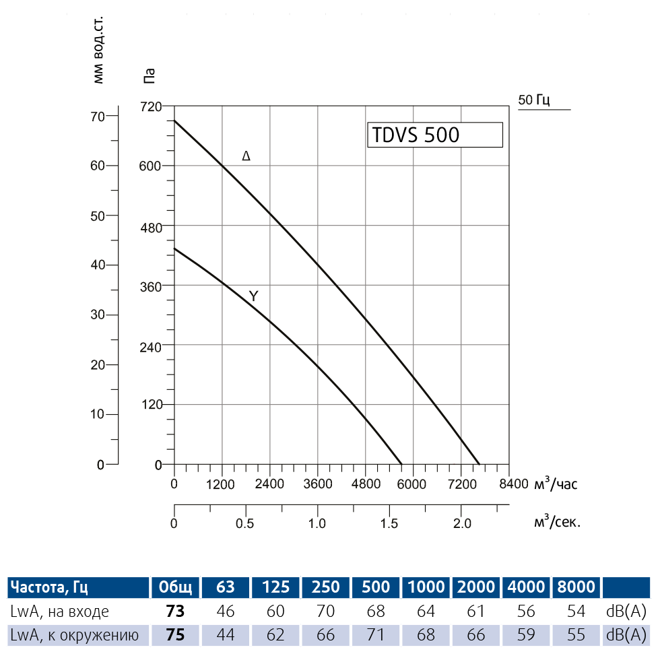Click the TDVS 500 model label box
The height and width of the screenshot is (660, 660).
point(434,135)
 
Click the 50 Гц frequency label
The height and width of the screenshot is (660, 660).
point(534,100)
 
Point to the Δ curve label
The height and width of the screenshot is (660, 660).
point(246,156)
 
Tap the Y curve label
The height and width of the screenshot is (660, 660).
point(253,296)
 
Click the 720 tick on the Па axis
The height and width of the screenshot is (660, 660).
point(152,106)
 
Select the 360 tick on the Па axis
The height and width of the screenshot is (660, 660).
point(152,286)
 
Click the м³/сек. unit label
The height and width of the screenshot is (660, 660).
point(557,522)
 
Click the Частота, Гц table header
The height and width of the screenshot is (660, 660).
point(48,587)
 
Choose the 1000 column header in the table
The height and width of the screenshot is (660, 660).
point(426,587)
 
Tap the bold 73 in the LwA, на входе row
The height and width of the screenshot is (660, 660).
point(175,612)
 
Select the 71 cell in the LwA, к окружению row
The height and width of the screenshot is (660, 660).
point(376,635)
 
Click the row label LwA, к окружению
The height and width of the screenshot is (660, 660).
point(74,635)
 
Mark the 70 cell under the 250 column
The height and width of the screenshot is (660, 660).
point(326,612)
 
